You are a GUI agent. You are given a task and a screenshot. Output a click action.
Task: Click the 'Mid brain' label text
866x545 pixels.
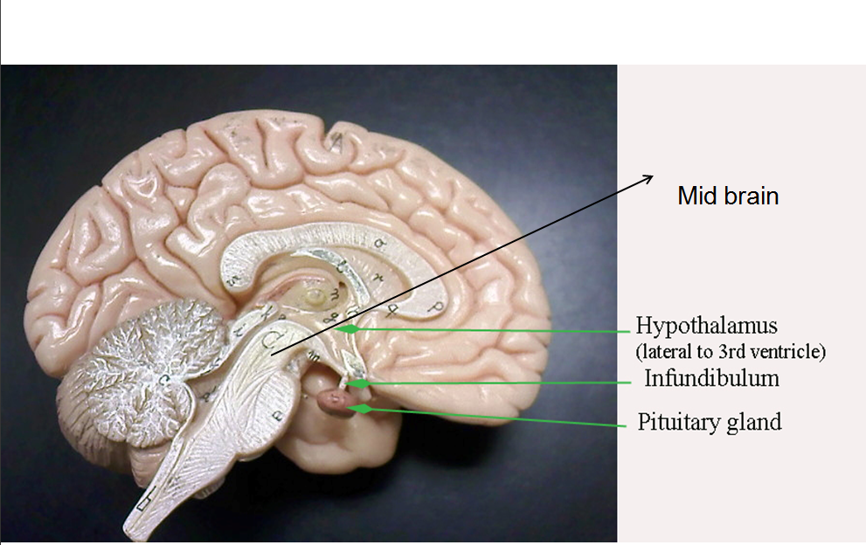pyautogui.click(x=727, y=196)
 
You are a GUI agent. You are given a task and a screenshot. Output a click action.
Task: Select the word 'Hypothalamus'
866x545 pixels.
pyautogui.click(x=706, y=327)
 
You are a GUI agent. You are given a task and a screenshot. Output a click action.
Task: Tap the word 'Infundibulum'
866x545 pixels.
pyautogui.click(x=711, y=379)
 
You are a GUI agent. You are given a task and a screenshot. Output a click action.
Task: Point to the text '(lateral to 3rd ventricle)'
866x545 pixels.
pyautogui.click(x=731, y=352)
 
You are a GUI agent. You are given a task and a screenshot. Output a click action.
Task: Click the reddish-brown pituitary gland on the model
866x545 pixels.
pyautogui.click(x=336, y=402)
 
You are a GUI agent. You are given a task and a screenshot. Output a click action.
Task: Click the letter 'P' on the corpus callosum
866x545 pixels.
pyautogui.click(x=434, y=305)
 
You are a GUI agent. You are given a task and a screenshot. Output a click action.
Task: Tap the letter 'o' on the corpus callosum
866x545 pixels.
pyautogui.click(x=378, y=243)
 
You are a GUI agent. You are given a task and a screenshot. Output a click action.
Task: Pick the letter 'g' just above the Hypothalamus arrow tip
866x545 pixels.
pyautogui.click(x=336, y=320)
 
